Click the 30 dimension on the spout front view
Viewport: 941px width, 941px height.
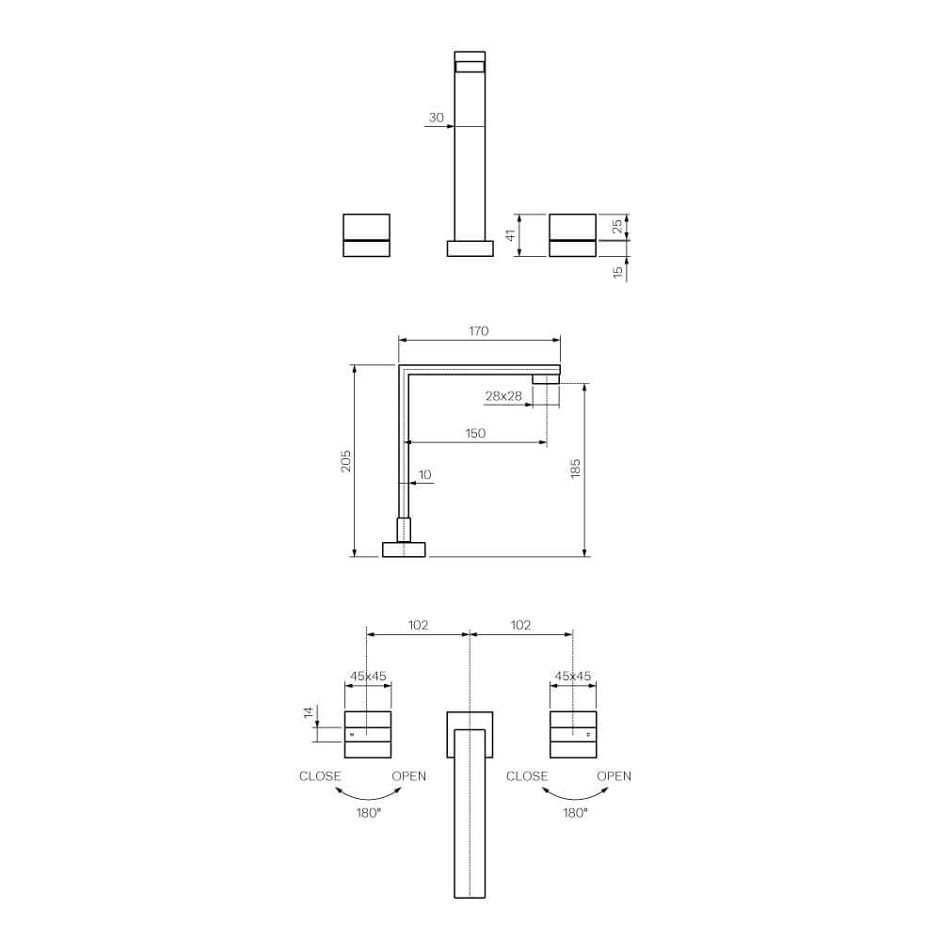pyautogui.click(x=436, y=118)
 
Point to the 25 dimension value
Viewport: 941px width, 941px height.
pyautogui.click(x=617, y=227)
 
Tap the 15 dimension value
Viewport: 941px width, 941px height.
pyautogui.click(x=617, y=271)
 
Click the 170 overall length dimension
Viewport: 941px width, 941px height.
pyautogui.click(x=479, y=331)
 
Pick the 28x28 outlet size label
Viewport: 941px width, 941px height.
pyautogui.click(x=503, y=396)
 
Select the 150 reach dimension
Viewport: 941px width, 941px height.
pyautogui.click(x=475, y=433)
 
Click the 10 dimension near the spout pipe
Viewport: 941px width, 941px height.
pyautogui.click(x=424, y=475)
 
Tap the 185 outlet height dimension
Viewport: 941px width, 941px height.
pyautogui.click(x=576, y=468)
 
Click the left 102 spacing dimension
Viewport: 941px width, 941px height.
pyautogui.click(x=418, y=625)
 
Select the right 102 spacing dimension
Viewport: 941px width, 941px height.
pyautogui.click(x=520, y=625)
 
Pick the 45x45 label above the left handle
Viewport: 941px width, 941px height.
pyautogui.click(x=368, y=676)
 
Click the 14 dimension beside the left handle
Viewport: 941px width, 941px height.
pyautogui.click(x=308, y=713)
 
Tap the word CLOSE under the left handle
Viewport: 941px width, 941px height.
pyautogui.click(x=320, y=776)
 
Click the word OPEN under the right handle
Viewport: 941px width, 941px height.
pyautogui.click(x=614, y=776)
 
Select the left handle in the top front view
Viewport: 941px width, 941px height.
pyautogui.click(x=367, y=235)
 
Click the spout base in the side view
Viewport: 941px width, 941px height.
pyautogui.click(x=404, y=549)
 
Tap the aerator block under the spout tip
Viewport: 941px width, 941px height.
pyautogui.click(x=546, y=378)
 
